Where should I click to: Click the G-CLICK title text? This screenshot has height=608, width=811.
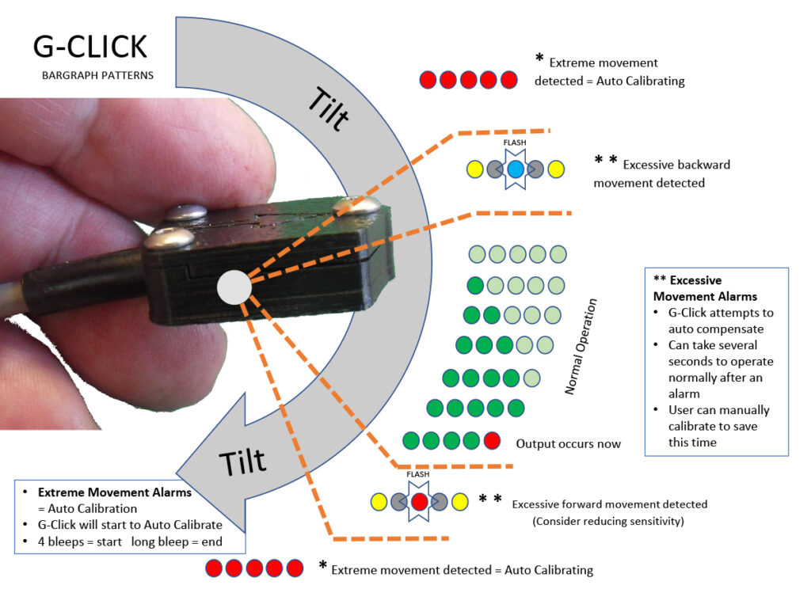pos(89,47)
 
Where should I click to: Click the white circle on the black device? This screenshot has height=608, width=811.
pos(233,287)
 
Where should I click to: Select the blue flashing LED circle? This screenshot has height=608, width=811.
pos(515,169)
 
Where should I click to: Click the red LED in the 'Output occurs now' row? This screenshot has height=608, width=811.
pos(492,440)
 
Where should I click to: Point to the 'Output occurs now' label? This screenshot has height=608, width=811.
pos(568,443)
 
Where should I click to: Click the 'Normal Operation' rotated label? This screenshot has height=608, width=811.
pos(582,347)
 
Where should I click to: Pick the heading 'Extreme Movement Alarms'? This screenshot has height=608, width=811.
pos(115,492)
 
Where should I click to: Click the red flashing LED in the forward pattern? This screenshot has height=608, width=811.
pos(420,501)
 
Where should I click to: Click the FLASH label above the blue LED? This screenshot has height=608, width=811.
pos(515,143)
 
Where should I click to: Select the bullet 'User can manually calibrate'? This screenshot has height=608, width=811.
pos(718,426)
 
